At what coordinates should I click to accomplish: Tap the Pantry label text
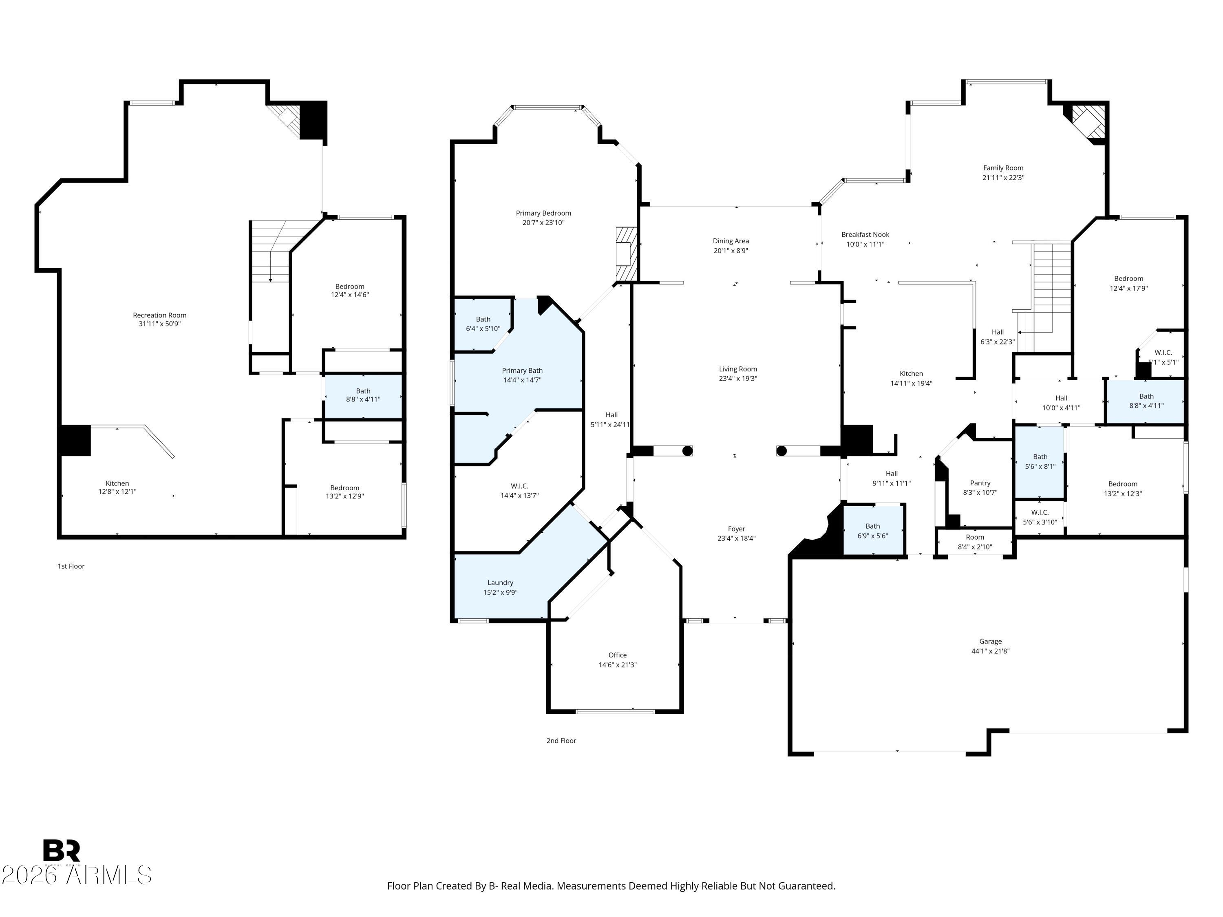click(980, 483)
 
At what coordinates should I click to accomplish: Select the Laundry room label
click(500, 582)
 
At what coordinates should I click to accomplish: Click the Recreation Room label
click(160, 315)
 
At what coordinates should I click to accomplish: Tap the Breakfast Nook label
click(865, 234)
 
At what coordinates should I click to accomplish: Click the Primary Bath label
click(522, 370)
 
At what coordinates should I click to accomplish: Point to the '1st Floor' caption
click(71, 566)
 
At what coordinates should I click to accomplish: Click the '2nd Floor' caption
click(561, 741)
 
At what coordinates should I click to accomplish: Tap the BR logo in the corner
click(62, 850)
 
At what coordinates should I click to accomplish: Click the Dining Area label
click(731, 241)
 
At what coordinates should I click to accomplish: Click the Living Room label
click(737, 369)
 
